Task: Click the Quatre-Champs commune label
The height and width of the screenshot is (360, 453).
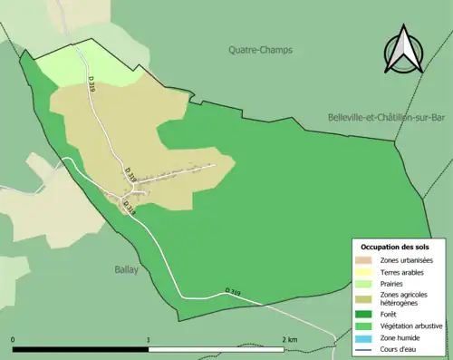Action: coord(260,51)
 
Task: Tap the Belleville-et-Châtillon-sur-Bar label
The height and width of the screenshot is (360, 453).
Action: coord(389,118)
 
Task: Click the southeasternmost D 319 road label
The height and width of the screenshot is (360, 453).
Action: coord(234,292)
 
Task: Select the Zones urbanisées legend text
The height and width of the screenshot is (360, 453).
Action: coord(406,261)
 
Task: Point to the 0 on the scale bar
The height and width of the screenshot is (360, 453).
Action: coord(13,339)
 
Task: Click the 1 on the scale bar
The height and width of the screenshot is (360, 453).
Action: coord(149,339)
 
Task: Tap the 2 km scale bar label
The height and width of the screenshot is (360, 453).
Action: coord(289,339)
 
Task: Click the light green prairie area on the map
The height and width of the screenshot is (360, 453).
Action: coord(68,67)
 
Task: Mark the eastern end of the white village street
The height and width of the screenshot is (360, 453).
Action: coord(213,165)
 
